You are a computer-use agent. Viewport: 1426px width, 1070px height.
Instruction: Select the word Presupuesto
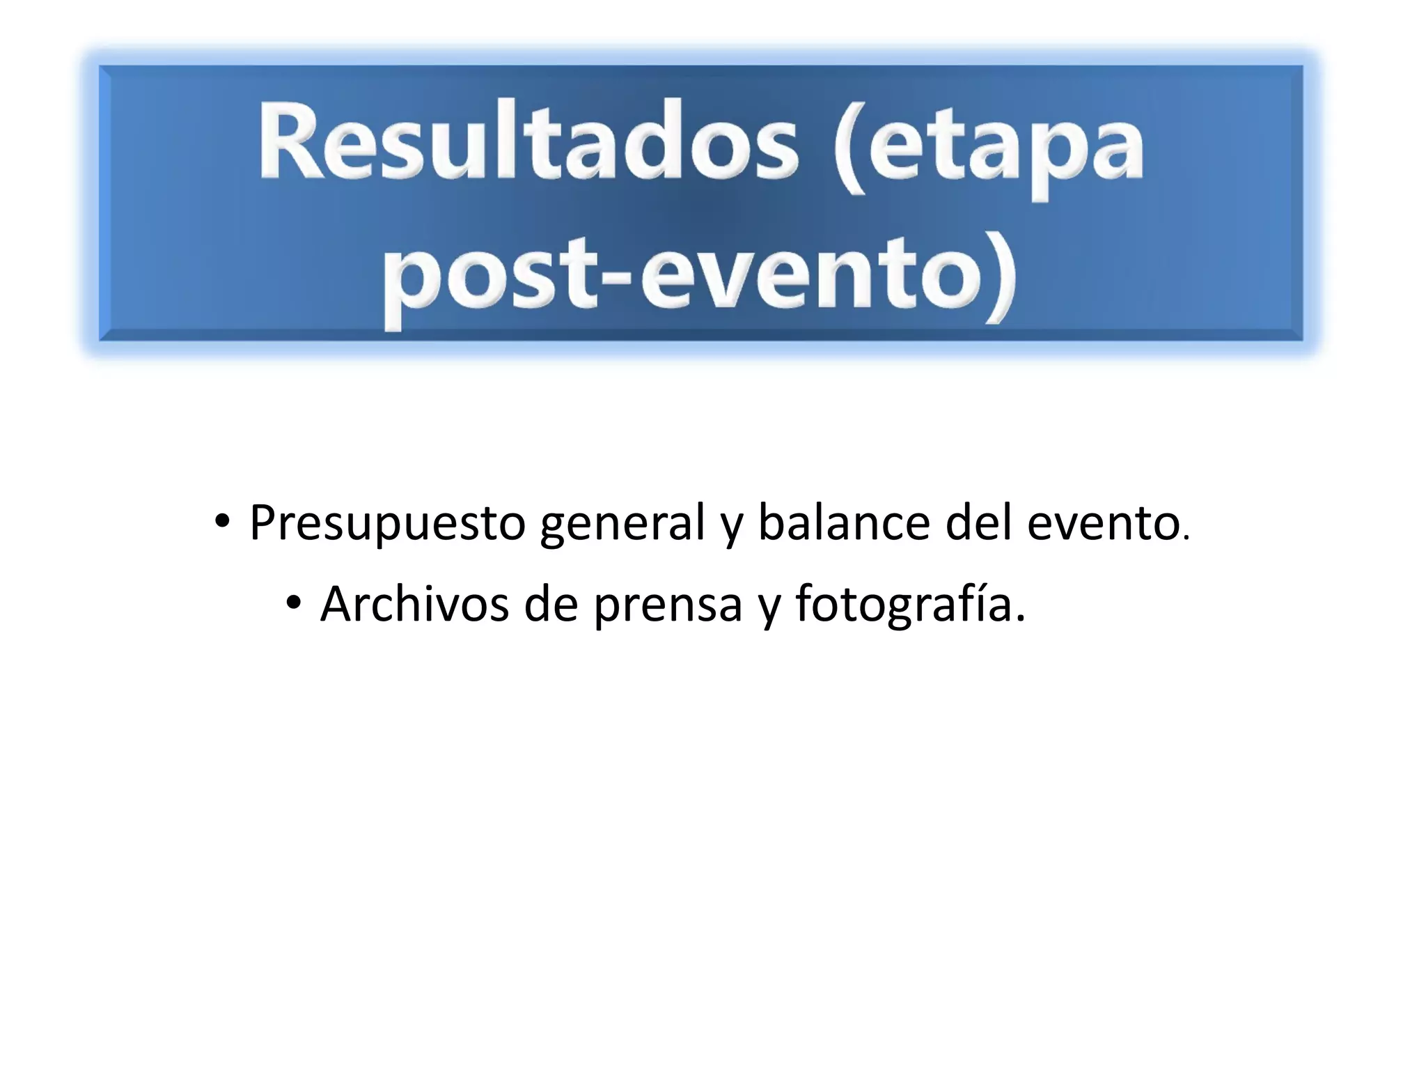[387, 524]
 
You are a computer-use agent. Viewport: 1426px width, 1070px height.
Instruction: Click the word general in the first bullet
[623, 524]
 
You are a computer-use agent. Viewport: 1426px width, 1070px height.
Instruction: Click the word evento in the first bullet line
[1103, 524]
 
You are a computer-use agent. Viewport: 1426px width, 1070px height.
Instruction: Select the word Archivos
[415, 604]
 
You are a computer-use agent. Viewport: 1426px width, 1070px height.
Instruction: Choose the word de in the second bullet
[551, 604]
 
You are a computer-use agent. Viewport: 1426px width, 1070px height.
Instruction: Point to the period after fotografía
[1021, 619]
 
